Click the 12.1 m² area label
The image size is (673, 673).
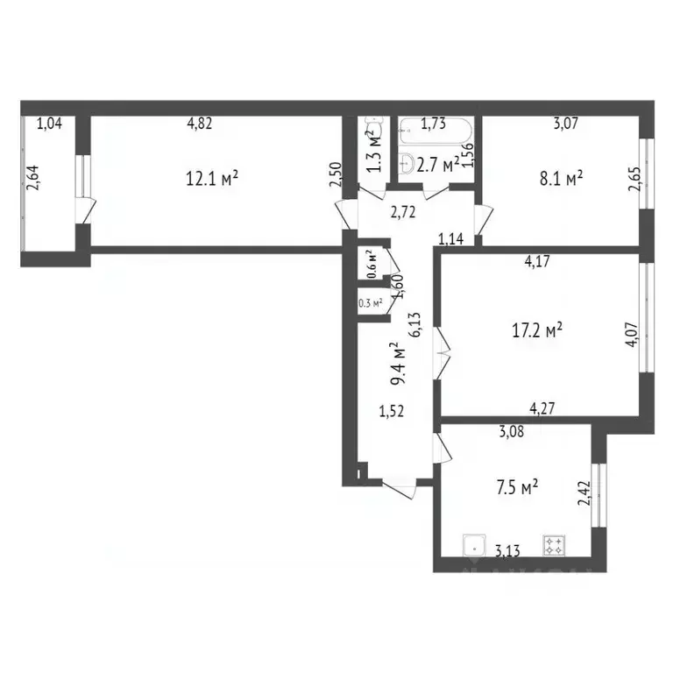212,179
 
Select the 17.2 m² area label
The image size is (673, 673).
536,330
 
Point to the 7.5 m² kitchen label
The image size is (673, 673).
513,484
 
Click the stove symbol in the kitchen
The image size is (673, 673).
554,546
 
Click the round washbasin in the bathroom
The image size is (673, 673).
408,162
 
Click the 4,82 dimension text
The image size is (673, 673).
200,124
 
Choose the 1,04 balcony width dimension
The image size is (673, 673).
49,124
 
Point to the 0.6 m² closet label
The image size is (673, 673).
371,264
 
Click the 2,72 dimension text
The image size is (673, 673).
403,211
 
